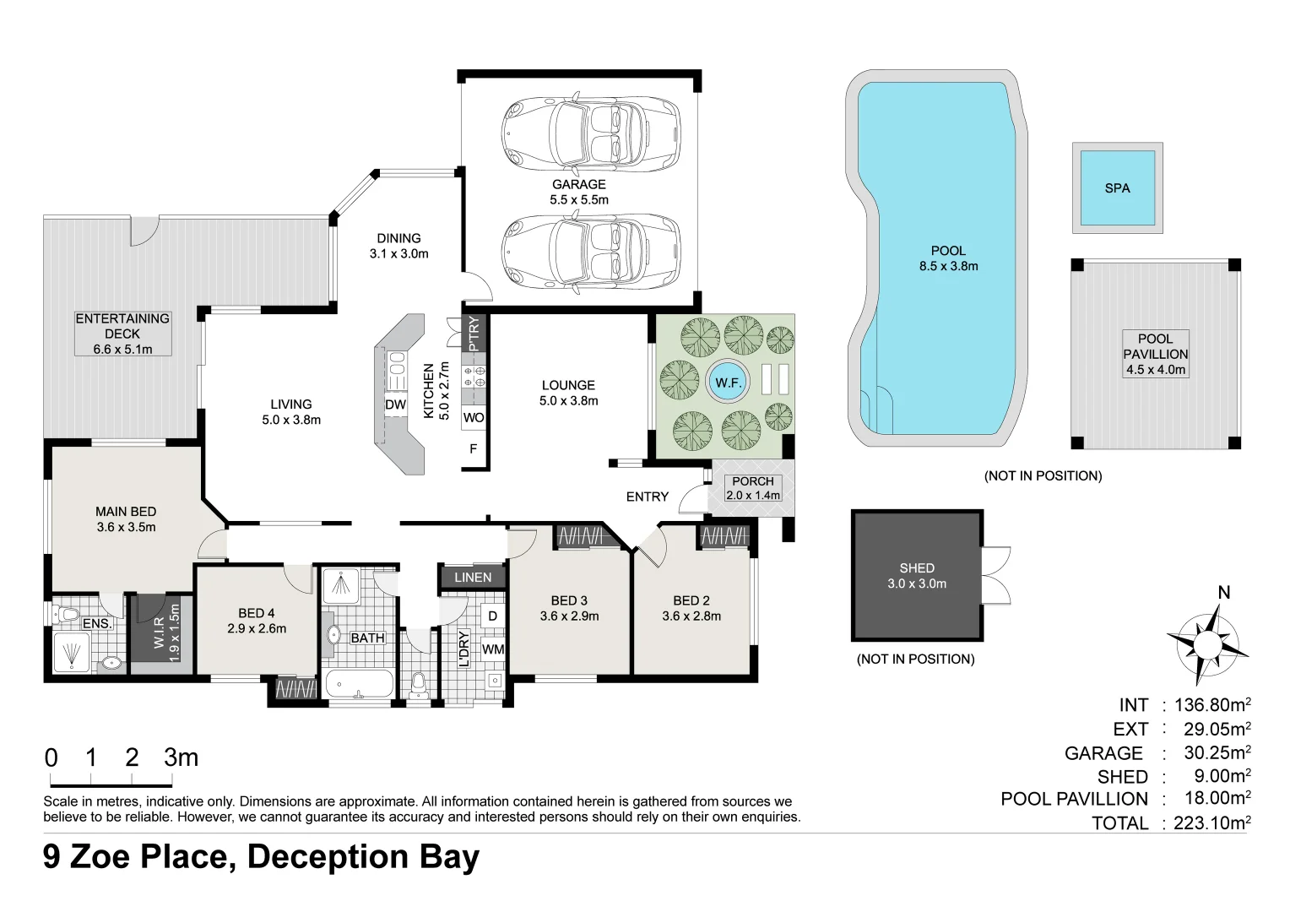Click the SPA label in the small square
tap(1117, 188)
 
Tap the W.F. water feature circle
tap(728, 383)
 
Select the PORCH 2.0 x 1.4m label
tap(753, 488)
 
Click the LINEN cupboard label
tap(472, 578)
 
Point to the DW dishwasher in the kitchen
tap(395, 405)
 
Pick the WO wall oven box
tap(474, 417)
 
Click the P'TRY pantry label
tap(474, 333)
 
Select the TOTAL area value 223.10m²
tap(1211, 822)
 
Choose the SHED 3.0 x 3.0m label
tap(917, 576)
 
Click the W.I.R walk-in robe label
tap(166, 632)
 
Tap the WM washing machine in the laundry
tap(493, 649)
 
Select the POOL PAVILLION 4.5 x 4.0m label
tap(1155, 354)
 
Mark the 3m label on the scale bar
tap(181, 757)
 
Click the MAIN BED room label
tap(126, 519)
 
